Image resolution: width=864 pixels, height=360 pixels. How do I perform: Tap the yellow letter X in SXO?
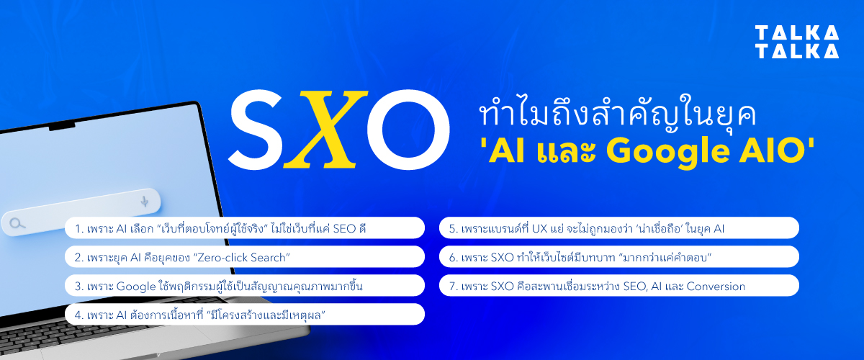pos(319,130)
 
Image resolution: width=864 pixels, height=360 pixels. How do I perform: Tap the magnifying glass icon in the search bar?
pos(17,224)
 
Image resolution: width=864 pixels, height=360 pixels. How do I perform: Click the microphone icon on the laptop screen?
pos(145,201)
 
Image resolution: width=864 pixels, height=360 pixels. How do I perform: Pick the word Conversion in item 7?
pos(715,287)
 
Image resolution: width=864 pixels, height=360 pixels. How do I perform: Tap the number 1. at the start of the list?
pos(78,229)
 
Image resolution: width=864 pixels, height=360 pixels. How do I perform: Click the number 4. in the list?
pos(79,315)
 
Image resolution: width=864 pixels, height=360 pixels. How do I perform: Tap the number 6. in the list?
pos(453,257)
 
